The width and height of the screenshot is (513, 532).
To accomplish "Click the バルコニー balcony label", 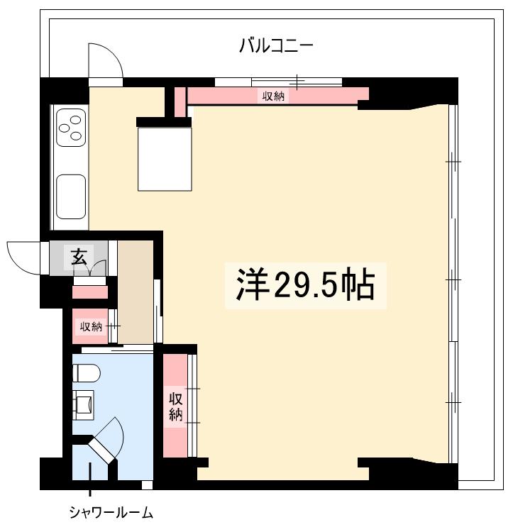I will [276, 47].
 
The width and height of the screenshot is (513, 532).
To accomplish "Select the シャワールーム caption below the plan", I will [111, 512].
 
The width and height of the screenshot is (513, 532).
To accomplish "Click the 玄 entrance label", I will [79, 255].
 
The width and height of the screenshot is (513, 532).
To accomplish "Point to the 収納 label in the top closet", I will [273, 96].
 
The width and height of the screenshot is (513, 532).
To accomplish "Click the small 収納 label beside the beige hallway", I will [91, 326].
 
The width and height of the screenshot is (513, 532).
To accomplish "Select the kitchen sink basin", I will [71, 196].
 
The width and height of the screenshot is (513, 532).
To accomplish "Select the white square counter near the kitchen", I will [165, 159].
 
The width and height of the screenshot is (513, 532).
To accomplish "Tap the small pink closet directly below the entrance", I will [90, 292].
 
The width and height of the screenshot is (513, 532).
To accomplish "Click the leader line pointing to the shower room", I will [90, 489].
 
